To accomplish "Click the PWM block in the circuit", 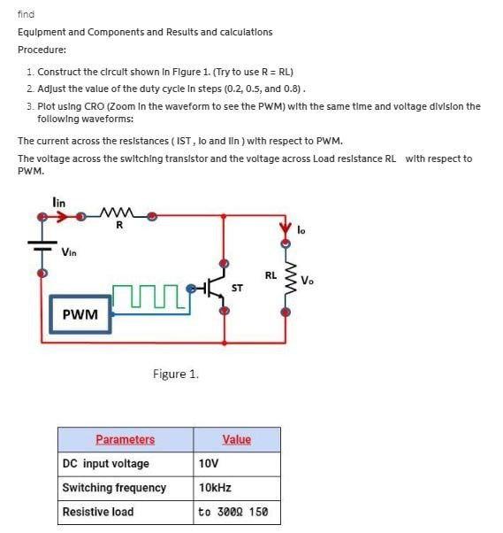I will (x=80, y=314).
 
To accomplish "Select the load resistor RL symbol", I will (x=286, y=282).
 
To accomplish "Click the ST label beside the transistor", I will (x=237, y=288).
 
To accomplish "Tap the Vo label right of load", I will (x=307, y=282).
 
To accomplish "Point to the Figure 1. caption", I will (x=175, y=374).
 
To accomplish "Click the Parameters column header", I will (x=125, y=439).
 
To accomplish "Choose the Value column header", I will (x=236, y=439).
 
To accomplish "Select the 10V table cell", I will (x=209, y=464).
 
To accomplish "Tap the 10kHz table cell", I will (x=215, y=488).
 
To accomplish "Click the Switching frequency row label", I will (x=114, y=488).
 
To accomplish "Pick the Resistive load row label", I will (x=98, y=512).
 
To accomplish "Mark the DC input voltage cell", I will (x=105, y=464).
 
